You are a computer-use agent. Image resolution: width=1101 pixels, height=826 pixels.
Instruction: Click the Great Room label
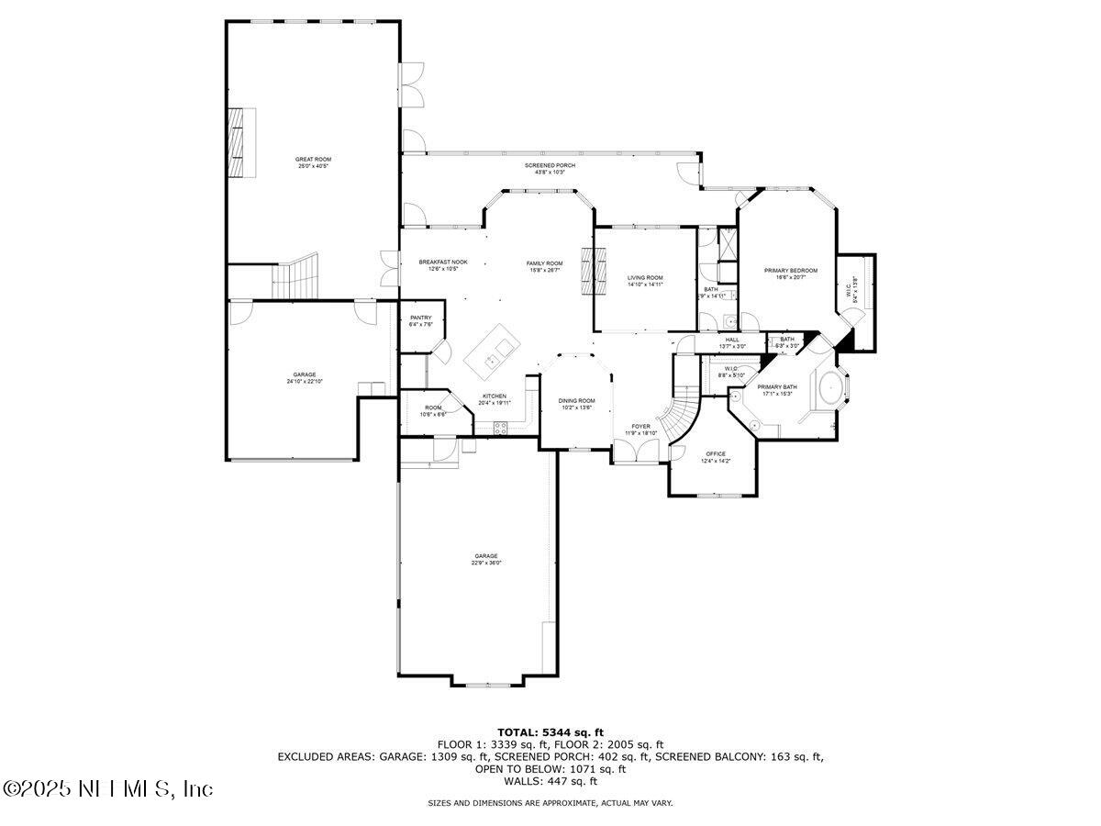click(x=314, y=162)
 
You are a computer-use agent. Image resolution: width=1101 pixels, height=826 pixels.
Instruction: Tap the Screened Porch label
click(x=550, y=168)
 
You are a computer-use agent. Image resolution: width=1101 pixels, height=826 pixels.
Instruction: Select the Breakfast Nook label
click(x=443, y=265)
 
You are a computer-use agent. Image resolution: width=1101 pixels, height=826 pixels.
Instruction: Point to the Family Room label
click(x=544, y=266)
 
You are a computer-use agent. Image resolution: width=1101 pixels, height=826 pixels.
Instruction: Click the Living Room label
click(x=645, y=280)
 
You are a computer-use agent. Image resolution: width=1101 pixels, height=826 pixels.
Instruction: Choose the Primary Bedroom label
click(x=790, y=273)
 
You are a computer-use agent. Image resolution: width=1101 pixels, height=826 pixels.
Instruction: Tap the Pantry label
click(x=421, y=320)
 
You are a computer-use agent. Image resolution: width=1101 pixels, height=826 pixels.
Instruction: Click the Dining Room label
click(x=577, y=403)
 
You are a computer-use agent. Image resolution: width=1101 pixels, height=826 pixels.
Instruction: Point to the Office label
click(x=716, y=457)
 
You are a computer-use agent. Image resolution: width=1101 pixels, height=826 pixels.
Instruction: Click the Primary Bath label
click(x=777, y=390)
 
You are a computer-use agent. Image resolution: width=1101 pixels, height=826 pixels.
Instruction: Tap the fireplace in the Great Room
click(x=241, y=141)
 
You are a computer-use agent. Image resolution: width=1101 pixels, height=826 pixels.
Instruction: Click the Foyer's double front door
click(x=634, y=451)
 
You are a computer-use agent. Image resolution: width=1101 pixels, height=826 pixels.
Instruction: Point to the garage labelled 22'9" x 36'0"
click(x=486, y=559)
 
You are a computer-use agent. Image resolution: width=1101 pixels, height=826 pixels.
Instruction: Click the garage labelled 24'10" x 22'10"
click(x=305, y=377)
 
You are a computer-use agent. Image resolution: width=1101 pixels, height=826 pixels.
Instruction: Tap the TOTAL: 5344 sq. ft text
click(x=550, y=731)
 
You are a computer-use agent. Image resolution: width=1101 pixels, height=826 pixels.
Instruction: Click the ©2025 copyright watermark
click(x=108, y=788)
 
